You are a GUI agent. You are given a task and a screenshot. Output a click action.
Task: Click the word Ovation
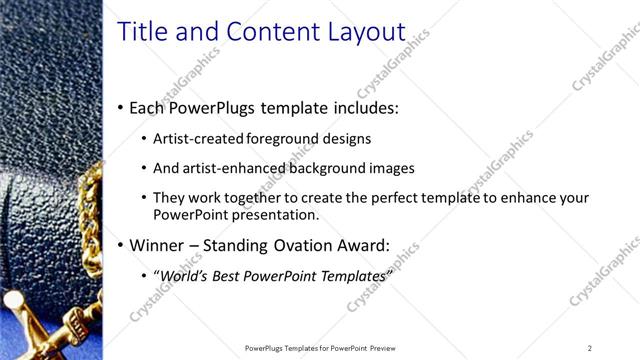pos(301,245)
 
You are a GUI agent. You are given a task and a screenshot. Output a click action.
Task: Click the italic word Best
pos(229,275)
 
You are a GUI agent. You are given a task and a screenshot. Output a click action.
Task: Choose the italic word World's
pos(184,275)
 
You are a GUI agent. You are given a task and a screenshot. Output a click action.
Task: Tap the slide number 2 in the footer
pos(589,348)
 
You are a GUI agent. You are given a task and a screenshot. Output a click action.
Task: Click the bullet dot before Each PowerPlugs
pos(121,107)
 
